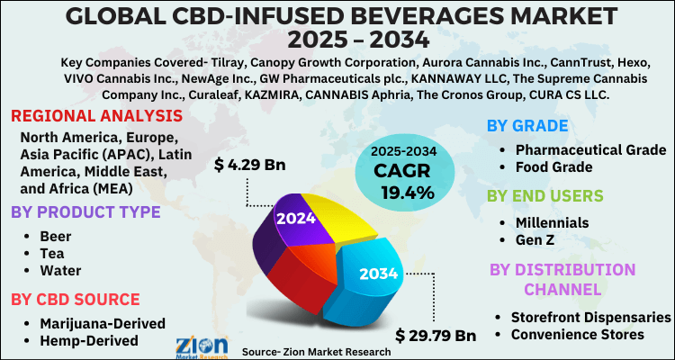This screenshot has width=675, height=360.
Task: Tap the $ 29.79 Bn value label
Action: pos(436,336)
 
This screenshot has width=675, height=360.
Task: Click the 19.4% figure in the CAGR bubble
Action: pos(407,192)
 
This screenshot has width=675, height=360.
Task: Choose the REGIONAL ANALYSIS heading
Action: pos(97,117)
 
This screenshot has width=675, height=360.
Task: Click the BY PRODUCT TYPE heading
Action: pos(85,212)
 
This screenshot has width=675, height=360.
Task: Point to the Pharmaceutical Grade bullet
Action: pos(590,148)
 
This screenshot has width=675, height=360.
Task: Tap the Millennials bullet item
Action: pos(552,221)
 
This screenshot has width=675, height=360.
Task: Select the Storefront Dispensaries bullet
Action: pos(590,317)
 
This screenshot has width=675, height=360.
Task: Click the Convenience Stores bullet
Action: pos(577,335)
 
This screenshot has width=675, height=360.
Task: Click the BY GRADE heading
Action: pos(527,125)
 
